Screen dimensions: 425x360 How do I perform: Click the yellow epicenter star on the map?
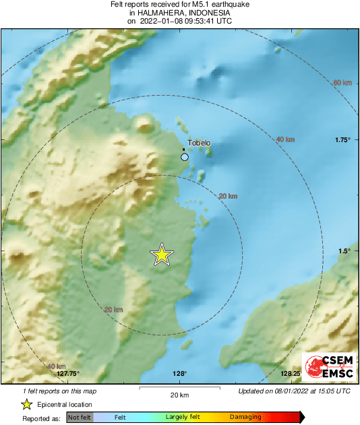click(x=162, y=255)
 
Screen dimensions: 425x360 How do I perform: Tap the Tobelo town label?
click(x=199, y=143)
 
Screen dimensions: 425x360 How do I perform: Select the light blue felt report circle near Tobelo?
click(x=185, y=157)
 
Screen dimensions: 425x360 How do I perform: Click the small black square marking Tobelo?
click(x=185, y=149)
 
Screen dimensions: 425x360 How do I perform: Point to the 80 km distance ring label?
click(x=342, y=83)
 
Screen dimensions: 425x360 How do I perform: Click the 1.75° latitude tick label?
click(x=343, y=139)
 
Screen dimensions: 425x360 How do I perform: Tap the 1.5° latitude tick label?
click(x=344, y=251)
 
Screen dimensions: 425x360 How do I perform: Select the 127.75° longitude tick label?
click(x=68, y=374)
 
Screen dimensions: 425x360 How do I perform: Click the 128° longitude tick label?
click(x=179, y=374)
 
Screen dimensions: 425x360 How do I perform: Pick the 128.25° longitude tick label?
click(x=291, y=374)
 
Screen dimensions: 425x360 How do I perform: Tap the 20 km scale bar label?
click(x=179, y=395)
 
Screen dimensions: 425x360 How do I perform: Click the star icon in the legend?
click(x=26, y=404)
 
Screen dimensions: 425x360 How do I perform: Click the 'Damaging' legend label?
click(x=245, y=418)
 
